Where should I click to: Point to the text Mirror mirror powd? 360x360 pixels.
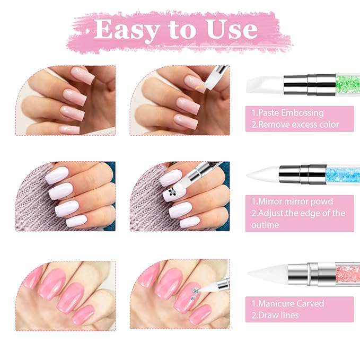295,201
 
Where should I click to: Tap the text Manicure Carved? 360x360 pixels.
291,303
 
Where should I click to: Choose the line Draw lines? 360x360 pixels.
278,315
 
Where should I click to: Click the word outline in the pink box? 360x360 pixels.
265,225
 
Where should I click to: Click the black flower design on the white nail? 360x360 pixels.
172,192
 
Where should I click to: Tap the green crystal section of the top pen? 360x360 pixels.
348,84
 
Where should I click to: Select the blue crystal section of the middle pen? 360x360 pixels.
343,175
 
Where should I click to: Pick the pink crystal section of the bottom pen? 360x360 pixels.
348,274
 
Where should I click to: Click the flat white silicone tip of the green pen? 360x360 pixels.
265,85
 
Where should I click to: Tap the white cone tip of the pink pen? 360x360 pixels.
268,273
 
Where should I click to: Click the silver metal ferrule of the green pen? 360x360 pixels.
310,84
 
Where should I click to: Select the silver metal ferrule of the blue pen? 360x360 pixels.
303,174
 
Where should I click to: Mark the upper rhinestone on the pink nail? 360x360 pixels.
196,292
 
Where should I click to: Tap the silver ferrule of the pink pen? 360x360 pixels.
312,274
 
